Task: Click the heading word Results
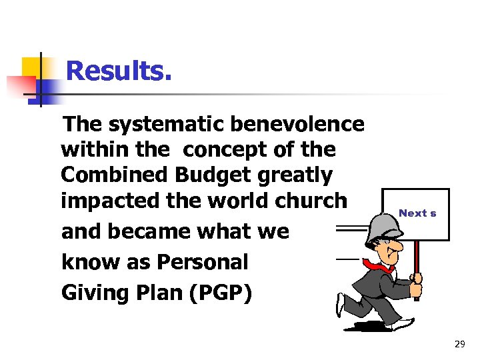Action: coord(119,71)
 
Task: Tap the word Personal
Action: coord(201,262)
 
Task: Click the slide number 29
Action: coord(459,344)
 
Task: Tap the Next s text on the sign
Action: coord(417,213)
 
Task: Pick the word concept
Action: coord(208,150)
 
